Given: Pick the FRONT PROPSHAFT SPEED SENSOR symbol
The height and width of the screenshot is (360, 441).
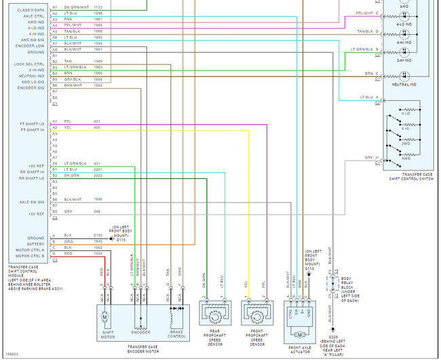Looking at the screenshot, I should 257,317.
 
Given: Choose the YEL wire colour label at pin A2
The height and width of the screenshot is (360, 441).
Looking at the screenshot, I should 68,127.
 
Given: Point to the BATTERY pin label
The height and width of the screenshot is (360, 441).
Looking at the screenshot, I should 36,245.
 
